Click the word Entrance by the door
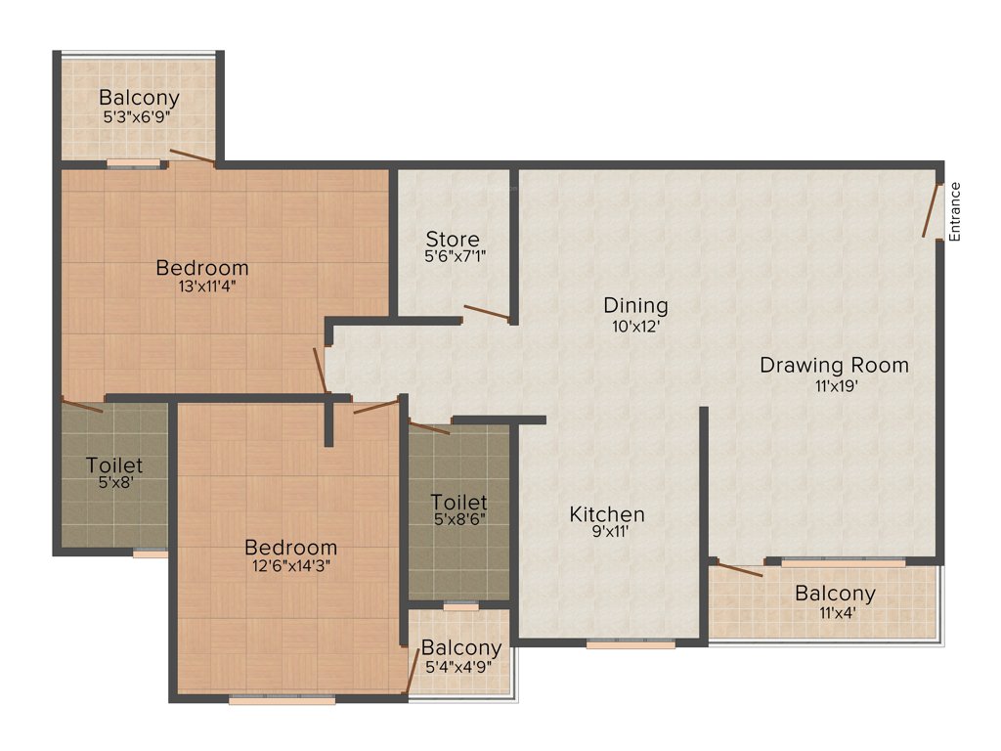pos(955,211)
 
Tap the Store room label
pos(453,240)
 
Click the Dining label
pos(635,306)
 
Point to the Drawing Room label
pos(834,366)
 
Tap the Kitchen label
pos(607,514)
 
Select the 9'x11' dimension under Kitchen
pos(607,533)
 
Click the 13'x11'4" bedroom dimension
pos(202,287)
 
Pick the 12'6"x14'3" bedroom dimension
pos(290,566)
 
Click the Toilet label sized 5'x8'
pos(114,465)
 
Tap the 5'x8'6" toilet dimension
pos(458,520)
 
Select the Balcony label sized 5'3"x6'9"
pos(139,98)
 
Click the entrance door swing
pos(932,210)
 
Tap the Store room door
pos(486,313)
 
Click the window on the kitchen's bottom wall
pos(631,644)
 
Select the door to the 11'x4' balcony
pos(739,569)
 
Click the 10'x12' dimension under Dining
pos(635,326)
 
